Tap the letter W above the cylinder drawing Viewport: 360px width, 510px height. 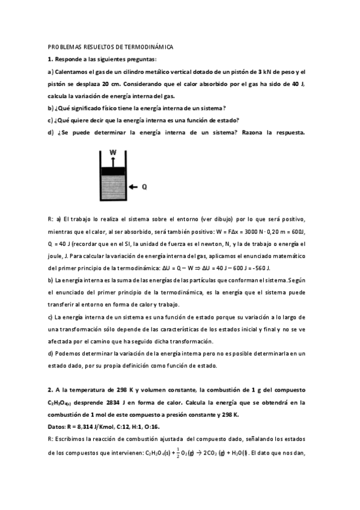(x=112, y=153)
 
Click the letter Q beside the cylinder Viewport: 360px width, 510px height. (x=144, y=186)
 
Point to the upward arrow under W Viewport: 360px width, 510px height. (x=112, y=161)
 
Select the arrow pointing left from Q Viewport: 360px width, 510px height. (x=133, y=186)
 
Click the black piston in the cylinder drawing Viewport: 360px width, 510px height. (x=114, y=171)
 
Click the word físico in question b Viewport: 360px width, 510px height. (x=104, y=108)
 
